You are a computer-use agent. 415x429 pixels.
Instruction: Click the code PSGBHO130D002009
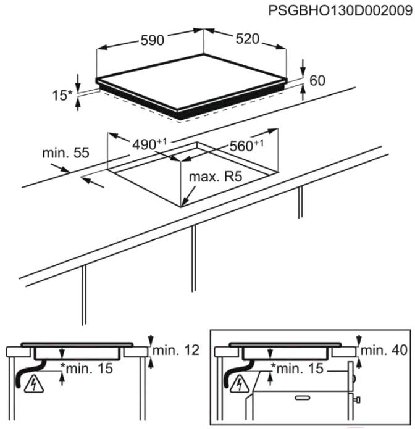(x=340, y=11)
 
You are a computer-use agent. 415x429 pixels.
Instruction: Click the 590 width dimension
(x=152, y=40)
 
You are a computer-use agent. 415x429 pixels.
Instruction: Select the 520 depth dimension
(x=248, y=39)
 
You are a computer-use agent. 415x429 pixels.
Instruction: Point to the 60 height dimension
(x=317, y=80)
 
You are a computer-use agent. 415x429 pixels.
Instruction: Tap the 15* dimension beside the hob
(x=62, y=95)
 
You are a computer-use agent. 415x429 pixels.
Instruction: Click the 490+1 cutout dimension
(x=149, y=144)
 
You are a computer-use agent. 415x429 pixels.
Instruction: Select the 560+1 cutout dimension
(x=246, y=145)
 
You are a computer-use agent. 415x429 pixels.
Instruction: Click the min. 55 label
(x=65, y=152)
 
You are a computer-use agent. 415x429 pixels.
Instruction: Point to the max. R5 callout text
(x=216, y=177)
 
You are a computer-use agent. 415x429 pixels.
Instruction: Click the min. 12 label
(x=176, y=350)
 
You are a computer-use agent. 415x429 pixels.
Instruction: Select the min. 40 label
(x=384, y=350)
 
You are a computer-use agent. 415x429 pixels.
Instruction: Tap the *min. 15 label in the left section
(x=86, y=369)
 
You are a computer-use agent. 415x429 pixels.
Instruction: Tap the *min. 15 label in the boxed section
(x=297, y=369)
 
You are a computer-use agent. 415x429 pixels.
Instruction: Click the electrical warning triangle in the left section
(x=34, y=385)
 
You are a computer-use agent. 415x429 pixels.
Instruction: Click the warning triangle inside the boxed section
(x=239, y=385)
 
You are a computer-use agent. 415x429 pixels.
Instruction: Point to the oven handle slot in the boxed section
(x=302, y=398)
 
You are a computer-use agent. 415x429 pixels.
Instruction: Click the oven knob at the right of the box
(x=357, y=400)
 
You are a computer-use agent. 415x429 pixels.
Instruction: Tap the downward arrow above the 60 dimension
(x=303, y=67)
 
